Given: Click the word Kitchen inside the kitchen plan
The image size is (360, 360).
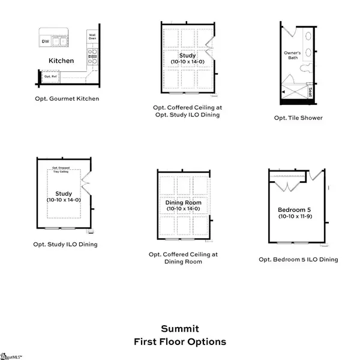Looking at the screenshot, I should pyautogui.click(x=61, y=61).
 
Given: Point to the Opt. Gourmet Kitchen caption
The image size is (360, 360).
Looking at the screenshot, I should pyautogui.click(x=67, y=98).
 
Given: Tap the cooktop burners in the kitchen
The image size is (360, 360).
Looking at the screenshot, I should pyautogui.click(x=93, y=56).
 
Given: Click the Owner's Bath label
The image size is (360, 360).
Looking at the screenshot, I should pyautogui.click(x=292, y=55).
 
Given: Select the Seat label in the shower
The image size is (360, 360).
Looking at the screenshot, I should pyautogui.click(x=310, y=92).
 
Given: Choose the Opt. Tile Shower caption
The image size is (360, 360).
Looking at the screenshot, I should pyautogui.click(x=298, y=118).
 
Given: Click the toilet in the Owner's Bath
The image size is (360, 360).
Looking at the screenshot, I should pyautogui.click(x=304, y=67).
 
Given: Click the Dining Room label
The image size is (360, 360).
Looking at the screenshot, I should pyautogui.click(x=184, y=203).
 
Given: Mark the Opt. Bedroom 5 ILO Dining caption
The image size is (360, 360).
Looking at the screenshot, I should pyautogui.click(x=298, y=259).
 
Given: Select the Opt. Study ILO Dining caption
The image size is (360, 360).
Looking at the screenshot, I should pyautogui.click(x=65, y=244).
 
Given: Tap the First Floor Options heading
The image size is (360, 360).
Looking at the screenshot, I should pyautogui.click(x=180, y=342).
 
